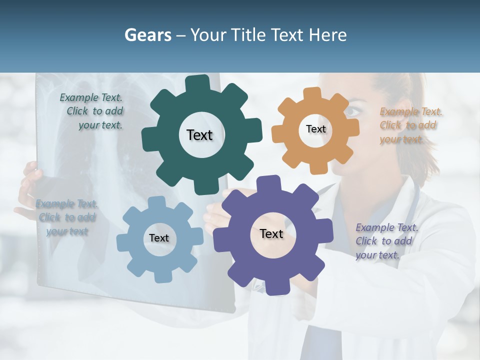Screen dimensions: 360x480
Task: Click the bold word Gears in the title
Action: [147, 35]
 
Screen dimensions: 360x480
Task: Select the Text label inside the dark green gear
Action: [199, 135]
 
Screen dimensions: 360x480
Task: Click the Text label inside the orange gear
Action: [315, 129]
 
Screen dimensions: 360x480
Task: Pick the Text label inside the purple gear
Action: [271, 233]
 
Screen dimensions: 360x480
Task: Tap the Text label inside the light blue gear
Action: [159, 238]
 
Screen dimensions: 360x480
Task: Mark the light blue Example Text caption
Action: [67, 217]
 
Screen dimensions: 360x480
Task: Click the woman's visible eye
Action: [353, 111]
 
